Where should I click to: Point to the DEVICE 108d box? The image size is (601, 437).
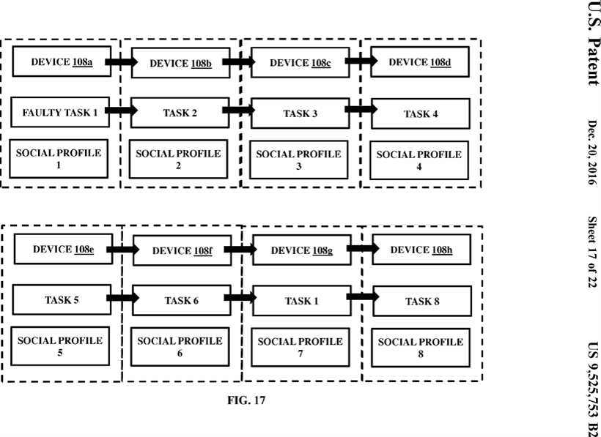(x=419, y=62)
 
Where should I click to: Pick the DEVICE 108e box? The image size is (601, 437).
(x=63, y=250)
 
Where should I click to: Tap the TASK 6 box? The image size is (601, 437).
(x=181, y=301)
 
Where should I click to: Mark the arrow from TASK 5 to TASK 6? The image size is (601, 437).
(x=124, y=299)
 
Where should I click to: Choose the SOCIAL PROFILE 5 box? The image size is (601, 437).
(x=60, y=346)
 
